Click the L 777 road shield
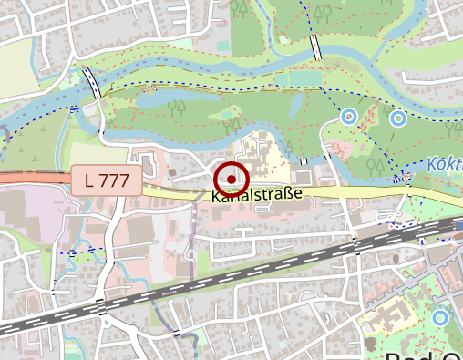(x=107, y=180)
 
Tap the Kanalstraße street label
(x=256, y=195)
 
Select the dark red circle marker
(x=231, y=180)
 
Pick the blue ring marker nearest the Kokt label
(x=398, y=118)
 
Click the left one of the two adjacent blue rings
(x=347, y=117)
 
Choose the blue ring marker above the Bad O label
(x=440, y=318)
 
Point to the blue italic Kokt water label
(x=444, y=165)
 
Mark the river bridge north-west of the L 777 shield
(x=92, y=82)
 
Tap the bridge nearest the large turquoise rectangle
(x=315, y=46)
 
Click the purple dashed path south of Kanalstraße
(x=193, y=237)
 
